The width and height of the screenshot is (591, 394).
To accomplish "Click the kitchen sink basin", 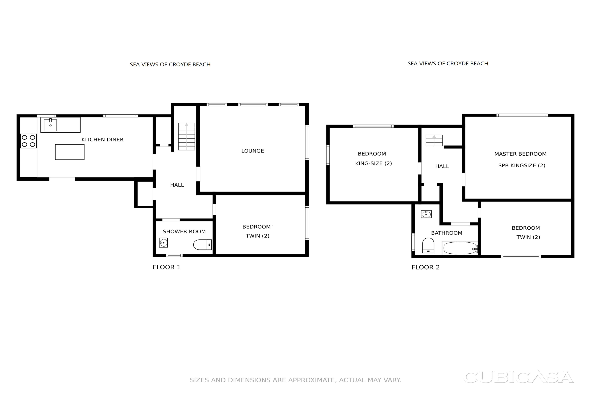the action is [x=50, y=125].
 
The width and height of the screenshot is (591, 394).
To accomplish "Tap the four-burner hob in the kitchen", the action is [x=28, y=141].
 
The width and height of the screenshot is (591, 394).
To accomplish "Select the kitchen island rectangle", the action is [x=70, y=152].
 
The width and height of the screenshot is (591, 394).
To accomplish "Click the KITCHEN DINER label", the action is [x=103, y=140].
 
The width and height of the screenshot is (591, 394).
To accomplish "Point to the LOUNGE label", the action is [x=253, y=151].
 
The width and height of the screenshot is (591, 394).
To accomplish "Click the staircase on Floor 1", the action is [x=186, y=137].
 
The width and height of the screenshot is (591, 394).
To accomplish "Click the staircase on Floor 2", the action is [x=434, y=141].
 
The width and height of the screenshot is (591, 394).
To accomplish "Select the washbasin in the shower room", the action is [x=163, y=243].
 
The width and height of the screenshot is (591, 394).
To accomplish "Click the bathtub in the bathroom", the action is [x=460, y=248].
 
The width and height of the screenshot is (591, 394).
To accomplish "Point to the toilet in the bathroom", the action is [x=428, y=245].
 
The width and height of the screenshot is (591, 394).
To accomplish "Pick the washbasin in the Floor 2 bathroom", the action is [x=426, y=214].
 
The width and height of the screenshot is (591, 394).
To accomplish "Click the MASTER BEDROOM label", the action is [x=520, y=154].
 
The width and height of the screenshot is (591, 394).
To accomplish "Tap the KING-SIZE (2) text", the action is [x=373, y=164].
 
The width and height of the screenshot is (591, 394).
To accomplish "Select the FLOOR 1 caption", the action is [x=167, y=267].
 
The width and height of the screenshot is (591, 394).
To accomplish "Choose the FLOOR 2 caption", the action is [x=426, y=267].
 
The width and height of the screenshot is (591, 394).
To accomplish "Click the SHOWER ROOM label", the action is [x=184, y=232].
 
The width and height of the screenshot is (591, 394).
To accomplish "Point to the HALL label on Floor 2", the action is [x=442, y=166].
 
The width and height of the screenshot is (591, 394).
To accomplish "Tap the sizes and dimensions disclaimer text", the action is [x=295, y=380].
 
